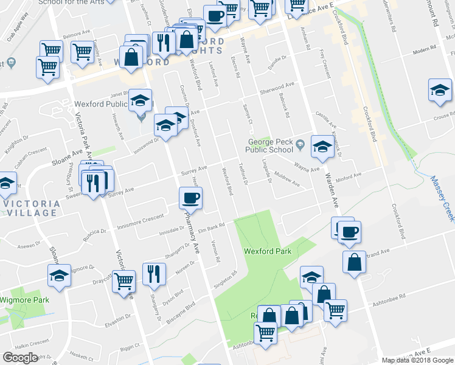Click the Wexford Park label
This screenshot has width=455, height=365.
tap(268, 251)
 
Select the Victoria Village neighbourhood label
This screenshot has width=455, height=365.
tap(30, 208)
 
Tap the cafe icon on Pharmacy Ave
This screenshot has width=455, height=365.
tap(190, 198)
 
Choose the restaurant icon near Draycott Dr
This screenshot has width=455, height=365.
tap(154, 274)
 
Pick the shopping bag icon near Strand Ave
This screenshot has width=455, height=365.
tap(354, 263)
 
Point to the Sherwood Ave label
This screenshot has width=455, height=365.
tap(277, 86)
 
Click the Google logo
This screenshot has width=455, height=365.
tap(20, 358)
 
